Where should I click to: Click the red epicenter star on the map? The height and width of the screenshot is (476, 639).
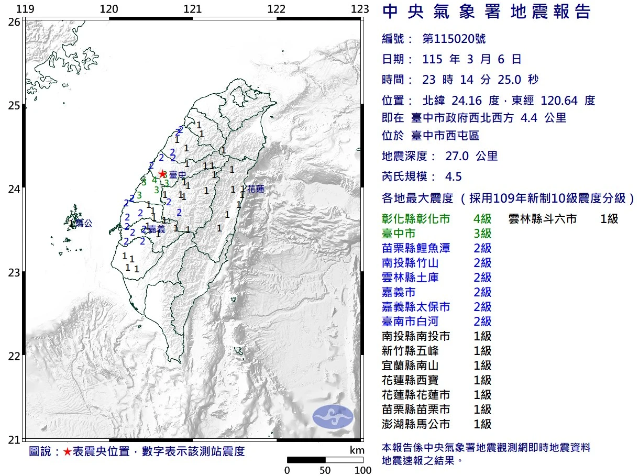[162, 173]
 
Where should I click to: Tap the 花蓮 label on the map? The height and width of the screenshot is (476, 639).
[256, 189]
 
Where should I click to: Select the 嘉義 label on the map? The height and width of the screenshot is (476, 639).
[156, 229]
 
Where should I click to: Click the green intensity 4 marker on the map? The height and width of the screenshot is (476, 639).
[154, 180]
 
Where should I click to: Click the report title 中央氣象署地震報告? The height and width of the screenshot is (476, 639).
[487, 12]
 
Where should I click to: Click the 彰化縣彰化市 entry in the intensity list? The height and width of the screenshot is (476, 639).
[416, 219]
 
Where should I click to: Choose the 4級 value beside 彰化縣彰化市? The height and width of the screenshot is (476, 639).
[482, 219]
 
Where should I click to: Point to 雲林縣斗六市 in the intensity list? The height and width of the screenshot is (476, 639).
[542, 219]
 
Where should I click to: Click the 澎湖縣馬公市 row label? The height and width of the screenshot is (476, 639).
[416, 424]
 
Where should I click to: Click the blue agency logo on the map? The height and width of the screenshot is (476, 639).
[333, 416]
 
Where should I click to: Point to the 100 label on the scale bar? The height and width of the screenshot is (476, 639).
[363, 470]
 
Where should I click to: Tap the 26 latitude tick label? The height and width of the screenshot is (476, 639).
[15, 22]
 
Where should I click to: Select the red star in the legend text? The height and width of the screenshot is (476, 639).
[68, 452]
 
